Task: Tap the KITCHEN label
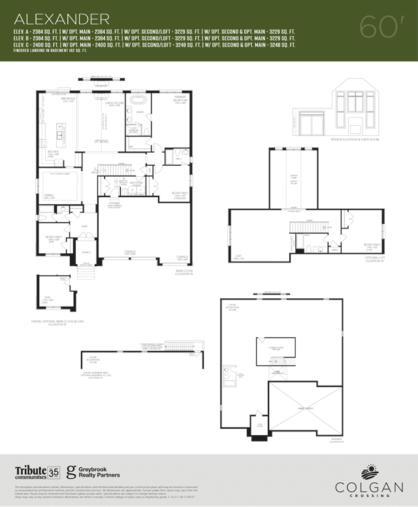tap(53, 154)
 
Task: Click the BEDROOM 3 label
tap(54, 238)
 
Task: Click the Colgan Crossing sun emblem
tap(369, 471)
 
